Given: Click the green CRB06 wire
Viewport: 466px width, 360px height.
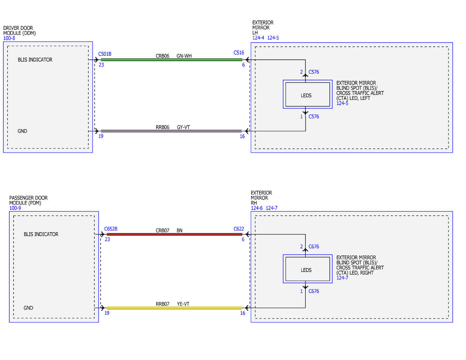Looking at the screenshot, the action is (x=172, y=60).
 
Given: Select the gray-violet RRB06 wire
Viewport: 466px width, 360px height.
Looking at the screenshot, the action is (x=171, y=131).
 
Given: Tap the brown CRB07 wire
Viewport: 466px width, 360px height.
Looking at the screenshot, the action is (x=174, y=234).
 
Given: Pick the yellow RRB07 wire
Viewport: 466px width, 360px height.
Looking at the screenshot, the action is (x=174, y=308).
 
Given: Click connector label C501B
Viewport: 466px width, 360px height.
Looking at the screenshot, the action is (x=104, y=54).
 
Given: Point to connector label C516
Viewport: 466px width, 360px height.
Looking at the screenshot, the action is (x=239, y=53).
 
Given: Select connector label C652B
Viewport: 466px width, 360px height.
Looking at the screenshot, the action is (x=111, y=229).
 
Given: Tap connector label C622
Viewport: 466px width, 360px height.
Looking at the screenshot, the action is (x=239, y=229).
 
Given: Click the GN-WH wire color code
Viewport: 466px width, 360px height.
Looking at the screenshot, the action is (x=184, y=56).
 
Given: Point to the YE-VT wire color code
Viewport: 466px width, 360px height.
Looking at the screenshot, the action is (x=183, y=304).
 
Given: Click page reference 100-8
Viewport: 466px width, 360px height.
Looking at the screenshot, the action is (x=9, y=38).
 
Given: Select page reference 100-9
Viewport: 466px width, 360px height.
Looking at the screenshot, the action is (x=15, y=208).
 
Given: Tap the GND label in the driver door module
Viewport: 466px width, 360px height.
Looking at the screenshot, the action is (x=22, y=131).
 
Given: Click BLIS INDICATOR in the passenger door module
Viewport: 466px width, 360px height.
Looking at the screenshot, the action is (x=41, y=234).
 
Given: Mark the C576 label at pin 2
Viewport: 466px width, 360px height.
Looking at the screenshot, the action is (x=314, y=72).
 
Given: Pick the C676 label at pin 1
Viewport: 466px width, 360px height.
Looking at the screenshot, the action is (x=314, y=291).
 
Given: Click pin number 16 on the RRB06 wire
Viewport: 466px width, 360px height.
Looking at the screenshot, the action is (x=242, y=136).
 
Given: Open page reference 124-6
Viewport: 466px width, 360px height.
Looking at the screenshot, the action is (x=257, y=208).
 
